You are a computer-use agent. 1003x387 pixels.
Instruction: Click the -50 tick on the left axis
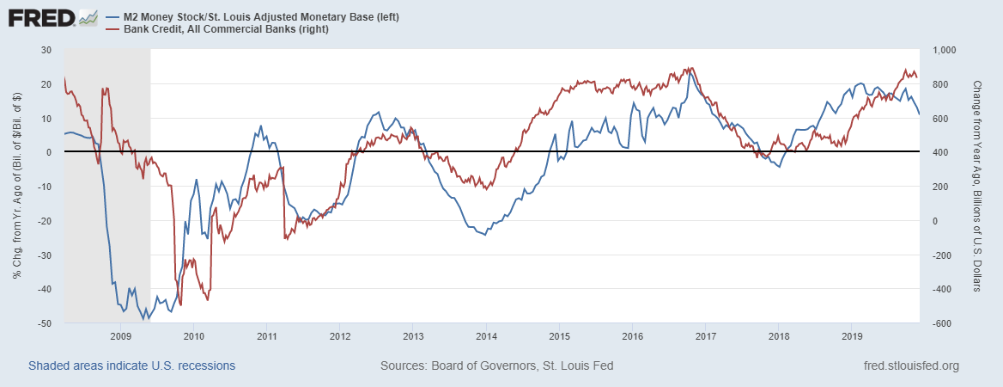tap(46, 323)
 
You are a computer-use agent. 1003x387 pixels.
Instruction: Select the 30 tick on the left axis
tap(48, 50)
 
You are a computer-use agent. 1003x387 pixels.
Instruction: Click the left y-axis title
tap(16, 187)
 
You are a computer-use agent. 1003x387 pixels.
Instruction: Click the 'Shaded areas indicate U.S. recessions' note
tap(131, 365)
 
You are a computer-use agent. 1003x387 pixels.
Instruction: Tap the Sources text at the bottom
tap(496, 365)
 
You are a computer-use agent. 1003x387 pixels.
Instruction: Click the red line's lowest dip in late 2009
tap(180, 304)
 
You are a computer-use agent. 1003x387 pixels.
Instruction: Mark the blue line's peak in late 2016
tap(690, 72)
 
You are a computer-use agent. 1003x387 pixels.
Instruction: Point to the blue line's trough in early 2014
tap(485, 234)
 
